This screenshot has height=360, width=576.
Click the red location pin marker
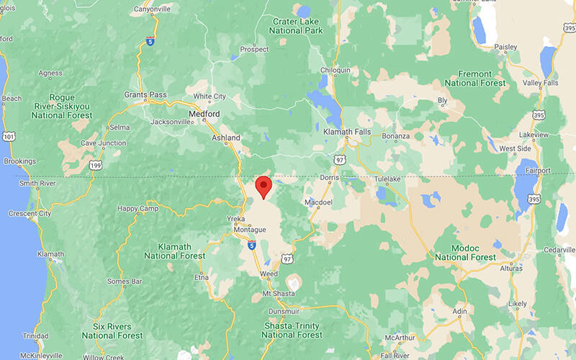(264, 186)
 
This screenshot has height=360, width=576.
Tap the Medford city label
(203, 114)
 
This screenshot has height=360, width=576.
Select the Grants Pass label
(145, 95)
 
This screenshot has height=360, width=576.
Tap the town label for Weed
(269, 274)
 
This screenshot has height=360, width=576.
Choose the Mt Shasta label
(274, 294)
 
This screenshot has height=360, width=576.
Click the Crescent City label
(30, 214)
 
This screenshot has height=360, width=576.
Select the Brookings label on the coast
(19, 161)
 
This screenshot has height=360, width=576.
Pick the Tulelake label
(391, 178)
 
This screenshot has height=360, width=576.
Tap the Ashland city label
(225, 138)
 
